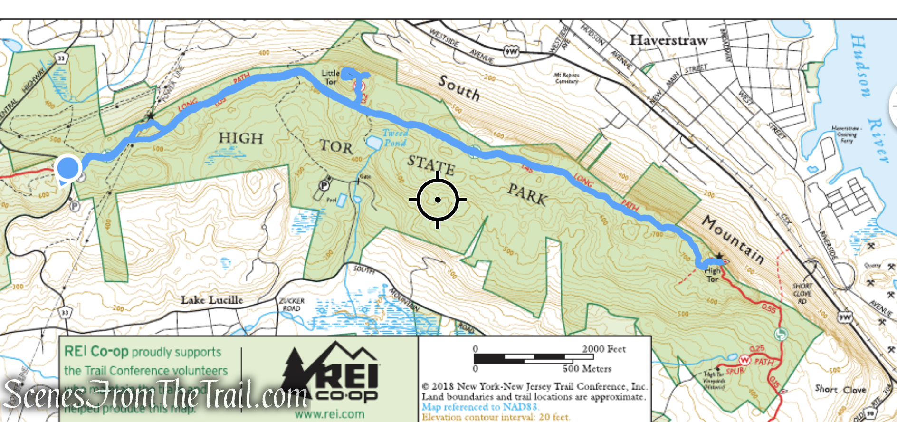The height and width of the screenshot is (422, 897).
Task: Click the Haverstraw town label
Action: pos(668,40)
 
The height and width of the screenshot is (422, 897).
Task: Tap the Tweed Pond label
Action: pos(395,138)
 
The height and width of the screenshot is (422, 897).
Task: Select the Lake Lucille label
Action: pos(211,300)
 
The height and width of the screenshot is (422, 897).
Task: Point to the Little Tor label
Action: pos(330,77)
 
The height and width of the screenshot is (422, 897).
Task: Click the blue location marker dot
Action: pos(68,168)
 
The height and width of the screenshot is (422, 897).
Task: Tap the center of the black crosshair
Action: pos(438,200)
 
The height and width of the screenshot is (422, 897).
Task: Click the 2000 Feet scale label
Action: pos(604,349)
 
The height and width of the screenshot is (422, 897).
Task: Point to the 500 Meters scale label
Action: pos(587,369)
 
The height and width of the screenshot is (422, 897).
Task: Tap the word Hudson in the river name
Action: pos(860,65)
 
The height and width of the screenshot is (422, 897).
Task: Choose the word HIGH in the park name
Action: pos(240,138)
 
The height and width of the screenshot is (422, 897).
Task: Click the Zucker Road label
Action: pos(291,304)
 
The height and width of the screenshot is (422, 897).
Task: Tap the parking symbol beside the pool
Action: pos(325,184)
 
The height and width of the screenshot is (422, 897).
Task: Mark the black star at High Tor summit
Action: pos(719,256)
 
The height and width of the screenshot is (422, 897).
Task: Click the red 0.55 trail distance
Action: pos(768,308)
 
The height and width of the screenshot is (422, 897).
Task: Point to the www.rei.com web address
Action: pos(329,414)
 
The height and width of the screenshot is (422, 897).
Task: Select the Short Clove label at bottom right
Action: pos(840,389)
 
